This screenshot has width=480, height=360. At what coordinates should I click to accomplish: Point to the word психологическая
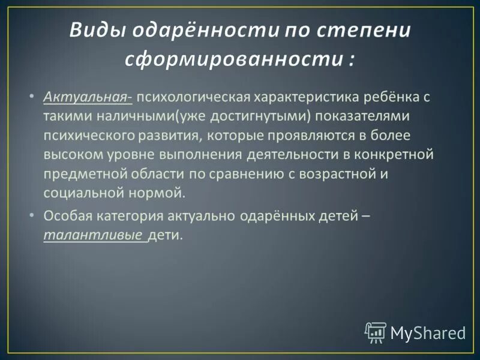click(194, 97)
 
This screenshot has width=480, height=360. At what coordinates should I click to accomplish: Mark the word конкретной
click(395, 155)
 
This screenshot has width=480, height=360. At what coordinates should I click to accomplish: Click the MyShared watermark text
click(428, 333)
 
